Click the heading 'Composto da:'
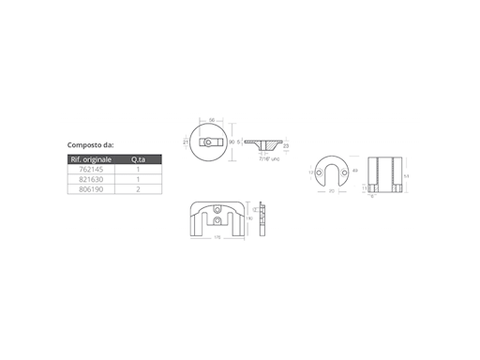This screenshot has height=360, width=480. pyautogui.click(x=92, y=145)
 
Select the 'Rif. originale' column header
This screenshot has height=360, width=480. pyautogui.click(x=92, y=159)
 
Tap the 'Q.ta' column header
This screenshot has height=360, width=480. pyautogui.click(x=138, y=159)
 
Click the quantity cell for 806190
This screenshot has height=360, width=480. pyautogui.click(x=138, y=188)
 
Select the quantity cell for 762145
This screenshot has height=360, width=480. pyautogui.click(x=138, y=170)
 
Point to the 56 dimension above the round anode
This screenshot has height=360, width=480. pyautogui.click(x=212, y=121)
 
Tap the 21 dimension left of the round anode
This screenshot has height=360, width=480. pyautogui.click(x=187, y=142)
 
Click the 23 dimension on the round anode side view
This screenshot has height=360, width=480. pyautogui.click(x=286, y=145)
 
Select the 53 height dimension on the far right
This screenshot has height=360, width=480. pyautogui.click(x=405, y=174)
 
